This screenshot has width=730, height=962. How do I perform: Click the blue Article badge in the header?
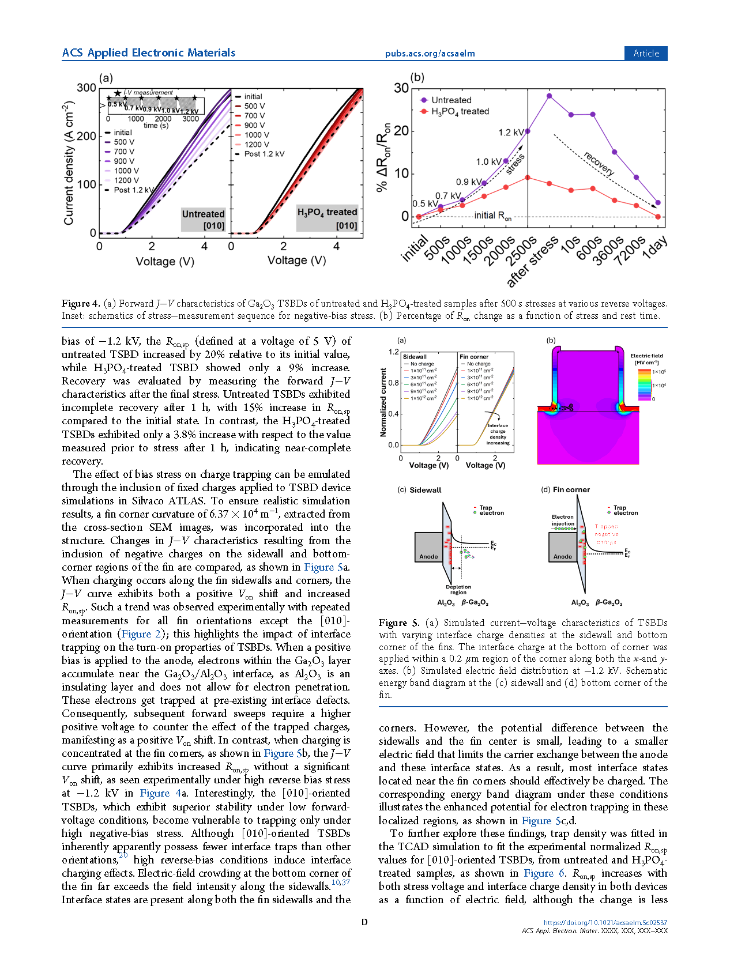[x=646, y=53]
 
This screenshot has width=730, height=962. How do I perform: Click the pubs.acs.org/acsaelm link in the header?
[x=430, y=54]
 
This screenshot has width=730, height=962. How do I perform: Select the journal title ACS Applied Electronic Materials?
[x=149, y=52]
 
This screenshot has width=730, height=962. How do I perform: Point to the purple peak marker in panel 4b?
[x=549, y=96]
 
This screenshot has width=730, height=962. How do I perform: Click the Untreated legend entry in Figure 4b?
[x=451, y=100]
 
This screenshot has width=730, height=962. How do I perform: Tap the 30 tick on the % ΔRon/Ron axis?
[x=401, y=88]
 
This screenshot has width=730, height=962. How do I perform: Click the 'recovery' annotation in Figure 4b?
[x=599, y=163]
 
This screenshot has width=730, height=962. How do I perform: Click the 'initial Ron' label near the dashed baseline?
[x=492, y=216]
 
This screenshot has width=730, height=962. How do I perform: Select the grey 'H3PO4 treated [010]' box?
[x=328, y=218]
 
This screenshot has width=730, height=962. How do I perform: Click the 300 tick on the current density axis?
[x=86, y=88]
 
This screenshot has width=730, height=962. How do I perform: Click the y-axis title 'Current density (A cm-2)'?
[x=69, y=163]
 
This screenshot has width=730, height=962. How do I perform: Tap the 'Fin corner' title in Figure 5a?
[x=474, y=357]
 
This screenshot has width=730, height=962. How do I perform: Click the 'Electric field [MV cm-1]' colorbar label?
[x=646, y=359]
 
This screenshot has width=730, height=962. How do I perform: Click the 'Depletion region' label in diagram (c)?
[x=458, y=590]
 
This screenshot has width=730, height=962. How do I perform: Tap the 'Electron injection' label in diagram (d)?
[x=563, y=520]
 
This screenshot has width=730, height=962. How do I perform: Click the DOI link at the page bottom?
[x=605, y=922]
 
